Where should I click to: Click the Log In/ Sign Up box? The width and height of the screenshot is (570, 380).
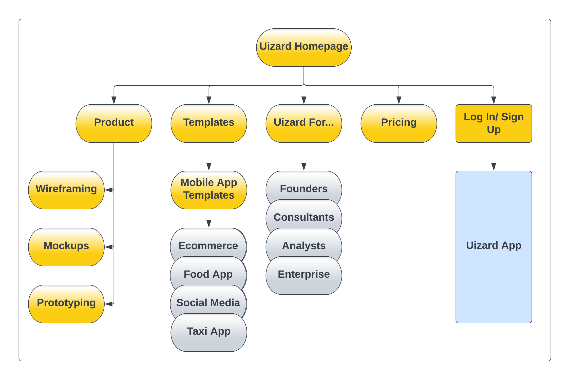493,123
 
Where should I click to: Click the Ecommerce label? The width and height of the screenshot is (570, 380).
208,246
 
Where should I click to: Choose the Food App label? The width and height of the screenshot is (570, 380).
208,274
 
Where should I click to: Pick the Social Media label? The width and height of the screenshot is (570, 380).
208,303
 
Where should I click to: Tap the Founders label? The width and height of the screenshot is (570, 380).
303,189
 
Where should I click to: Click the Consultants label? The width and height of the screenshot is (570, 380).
303,217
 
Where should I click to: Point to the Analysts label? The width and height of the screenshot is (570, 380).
303,246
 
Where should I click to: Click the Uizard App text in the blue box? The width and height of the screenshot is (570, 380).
493,245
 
